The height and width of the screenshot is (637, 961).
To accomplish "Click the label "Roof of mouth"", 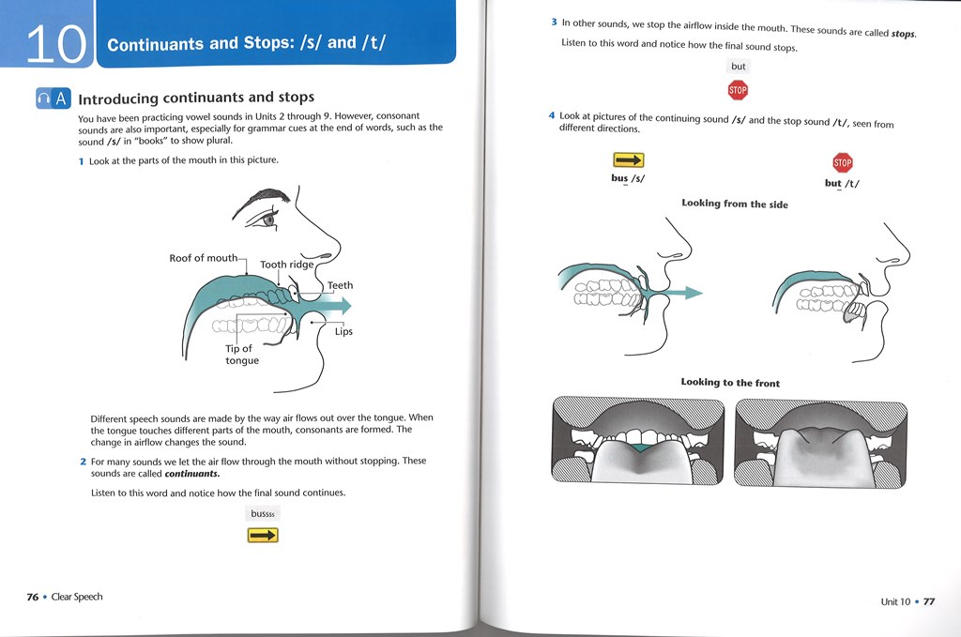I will (x=204, y=258).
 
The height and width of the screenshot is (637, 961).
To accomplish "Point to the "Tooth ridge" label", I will (x=286, y=265).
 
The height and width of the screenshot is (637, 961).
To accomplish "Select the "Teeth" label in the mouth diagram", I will (x=340, y=285).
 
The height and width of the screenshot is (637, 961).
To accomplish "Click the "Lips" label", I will (x=343, y=331).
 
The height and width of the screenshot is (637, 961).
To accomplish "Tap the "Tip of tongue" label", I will (x=241, y=355).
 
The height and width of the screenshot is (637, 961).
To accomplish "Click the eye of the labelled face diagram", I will (x=269, y=220).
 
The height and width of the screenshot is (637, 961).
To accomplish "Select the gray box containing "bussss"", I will (x=263, y=513).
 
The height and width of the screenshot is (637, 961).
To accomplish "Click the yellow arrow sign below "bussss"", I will (x=263, y=535).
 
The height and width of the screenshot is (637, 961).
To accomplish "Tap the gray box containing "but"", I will (x=739, y=67).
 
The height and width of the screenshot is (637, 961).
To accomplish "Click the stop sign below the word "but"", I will (x=739, y=91).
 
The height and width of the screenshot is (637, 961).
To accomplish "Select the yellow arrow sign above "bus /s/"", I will (x=628, y=161).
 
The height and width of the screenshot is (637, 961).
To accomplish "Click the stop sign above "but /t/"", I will (x=842, y=162).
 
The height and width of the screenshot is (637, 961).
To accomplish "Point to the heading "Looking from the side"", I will (x=735, y=204).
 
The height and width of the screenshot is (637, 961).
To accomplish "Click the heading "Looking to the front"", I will (x=730, y=383).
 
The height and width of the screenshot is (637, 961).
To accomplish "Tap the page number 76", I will (x=32, y=597).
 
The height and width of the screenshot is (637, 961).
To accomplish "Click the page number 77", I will (x=929, y=601).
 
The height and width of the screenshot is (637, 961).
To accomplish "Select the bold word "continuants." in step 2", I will (x=191, y=474).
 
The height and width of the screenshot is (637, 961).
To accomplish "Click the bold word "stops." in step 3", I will (x=903, y=34).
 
